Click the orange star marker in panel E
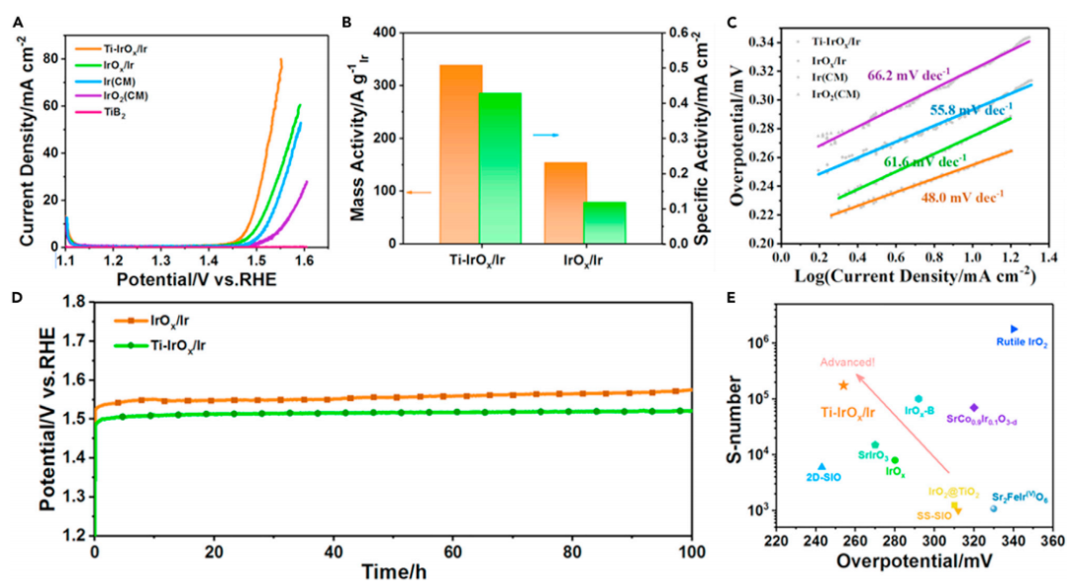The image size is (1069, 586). click(x=843, y=385)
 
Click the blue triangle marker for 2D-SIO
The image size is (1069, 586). click(x=822, y=466)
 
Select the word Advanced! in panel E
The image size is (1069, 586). click(x=845, y=363)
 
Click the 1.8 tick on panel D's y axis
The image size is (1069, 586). click(x=71, y=298)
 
